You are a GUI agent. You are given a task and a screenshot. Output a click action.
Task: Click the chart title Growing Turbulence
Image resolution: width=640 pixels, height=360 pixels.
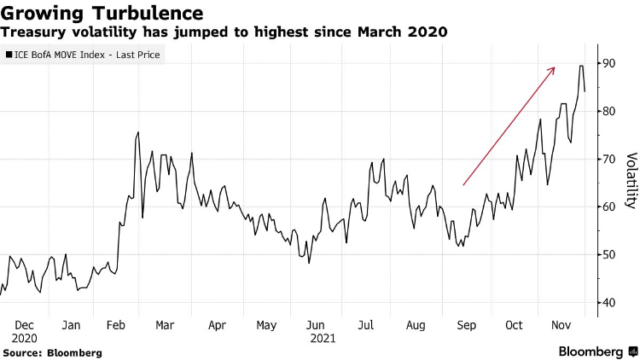103,13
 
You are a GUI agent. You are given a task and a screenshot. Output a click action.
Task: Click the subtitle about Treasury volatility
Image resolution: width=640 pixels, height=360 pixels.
224,32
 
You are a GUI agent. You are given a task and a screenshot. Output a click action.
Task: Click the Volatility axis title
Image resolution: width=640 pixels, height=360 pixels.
631,180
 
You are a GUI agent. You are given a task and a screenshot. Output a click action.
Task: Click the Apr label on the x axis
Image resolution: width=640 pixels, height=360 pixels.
218,325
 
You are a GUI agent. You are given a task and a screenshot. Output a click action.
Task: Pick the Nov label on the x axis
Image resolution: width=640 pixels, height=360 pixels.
560,325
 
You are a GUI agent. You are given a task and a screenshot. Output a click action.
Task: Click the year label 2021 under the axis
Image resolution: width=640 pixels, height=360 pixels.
323,338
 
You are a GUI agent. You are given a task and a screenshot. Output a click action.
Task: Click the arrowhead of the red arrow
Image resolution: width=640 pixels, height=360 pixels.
553,69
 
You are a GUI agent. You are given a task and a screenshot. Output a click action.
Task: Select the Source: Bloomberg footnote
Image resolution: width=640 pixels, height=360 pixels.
52,351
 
